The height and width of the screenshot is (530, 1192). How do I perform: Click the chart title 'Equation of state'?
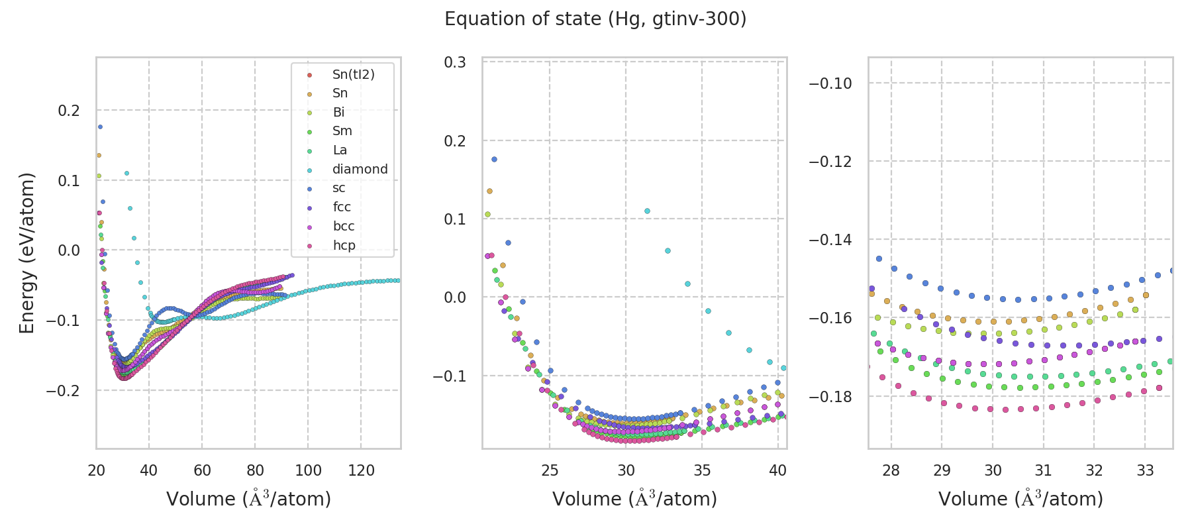point(595,19)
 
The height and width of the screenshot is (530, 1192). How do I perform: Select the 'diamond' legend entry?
point(360,169)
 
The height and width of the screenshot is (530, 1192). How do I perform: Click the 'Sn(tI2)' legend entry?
point(353,74)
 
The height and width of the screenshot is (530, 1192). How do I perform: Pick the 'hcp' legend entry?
point(344,245)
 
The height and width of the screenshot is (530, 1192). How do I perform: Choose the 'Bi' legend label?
point(338,112)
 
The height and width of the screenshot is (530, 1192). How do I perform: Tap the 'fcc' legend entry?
point(342,207)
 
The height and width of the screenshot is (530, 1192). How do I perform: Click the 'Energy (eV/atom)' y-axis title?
point(27,252)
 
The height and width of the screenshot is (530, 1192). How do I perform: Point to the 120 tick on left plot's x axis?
point(361,471)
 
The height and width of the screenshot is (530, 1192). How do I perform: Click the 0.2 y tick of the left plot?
point(69,111)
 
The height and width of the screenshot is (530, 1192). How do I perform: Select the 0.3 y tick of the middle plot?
point(455,62)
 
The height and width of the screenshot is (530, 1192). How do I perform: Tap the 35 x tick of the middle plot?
point(702,471)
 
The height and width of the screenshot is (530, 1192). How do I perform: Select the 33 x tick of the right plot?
point(1145,471)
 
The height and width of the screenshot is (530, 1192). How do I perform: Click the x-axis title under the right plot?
point(1020,499)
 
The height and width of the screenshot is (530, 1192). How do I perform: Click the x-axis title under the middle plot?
point(634,499)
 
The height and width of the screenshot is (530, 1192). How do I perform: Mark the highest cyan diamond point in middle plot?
point(647,211)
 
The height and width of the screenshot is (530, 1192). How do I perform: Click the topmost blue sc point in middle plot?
point(494,159)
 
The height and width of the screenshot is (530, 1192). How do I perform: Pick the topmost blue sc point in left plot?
point(100,127)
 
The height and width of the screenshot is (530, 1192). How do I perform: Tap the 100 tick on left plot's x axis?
point(308,471)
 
